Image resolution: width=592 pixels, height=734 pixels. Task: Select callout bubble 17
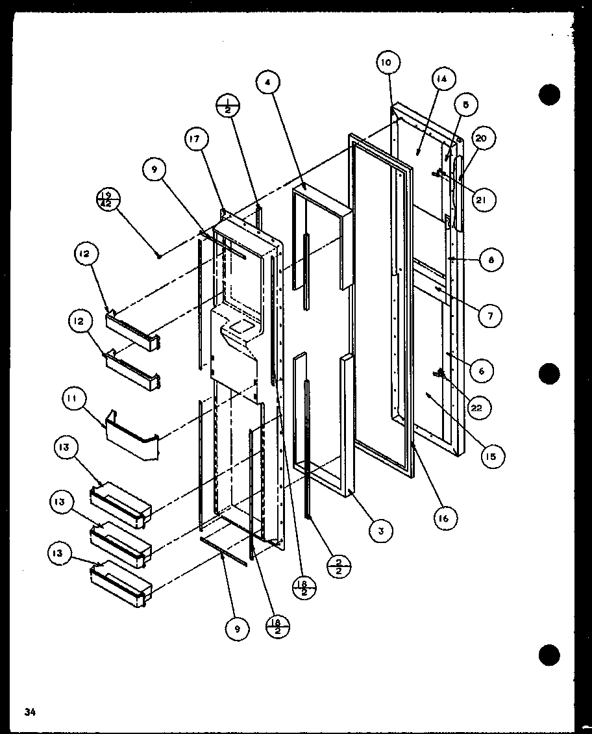point(198,139)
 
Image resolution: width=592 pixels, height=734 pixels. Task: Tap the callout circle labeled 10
point(386,63)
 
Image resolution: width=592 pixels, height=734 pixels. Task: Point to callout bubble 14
point(441,79)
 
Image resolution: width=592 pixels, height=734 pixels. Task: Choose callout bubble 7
point(490,316)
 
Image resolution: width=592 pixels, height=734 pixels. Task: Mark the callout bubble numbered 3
point(381,531)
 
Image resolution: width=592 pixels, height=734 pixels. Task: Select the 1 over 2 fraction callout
point(228,105)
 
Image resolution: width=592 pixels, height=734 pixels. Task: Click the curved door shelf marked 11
point(133,442)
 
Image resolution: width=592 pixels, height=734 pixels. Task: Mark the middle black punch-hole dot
point(549,373)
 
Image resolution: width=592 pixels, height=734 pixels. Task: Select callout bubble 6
point(482,371)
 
